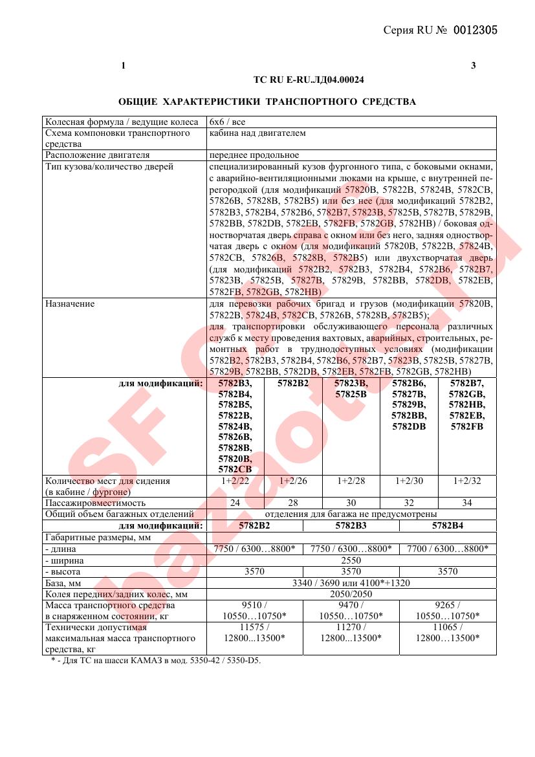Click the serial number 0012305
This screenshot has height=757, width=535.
(x=475, y=30)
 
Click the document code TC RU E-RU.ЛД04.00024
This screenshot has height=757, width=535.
(x=309, y=80)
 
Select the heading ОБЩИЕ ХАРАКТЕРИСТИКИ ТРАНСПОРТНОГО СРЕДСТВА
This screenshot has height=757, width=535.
(x=267, y=102)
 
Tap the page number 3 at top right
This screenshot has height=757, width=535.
(x=474, y=65)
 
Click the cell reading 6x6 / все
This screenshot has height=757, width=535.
(x=227, y=122)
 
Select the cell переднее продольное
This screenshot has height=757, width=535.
(x=254, y=155)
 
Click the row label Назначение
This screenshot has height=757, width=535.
(x=70, y=303)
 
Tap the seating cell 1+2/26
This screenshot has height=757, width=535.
(x=293, y=481)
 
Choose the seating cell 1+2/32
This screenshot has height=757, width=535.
(x=467, y=481)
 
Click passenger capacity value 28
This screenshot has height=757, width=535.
(x=293, y=503)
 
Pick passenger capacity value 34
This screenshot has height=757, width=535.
(x=467, y=503)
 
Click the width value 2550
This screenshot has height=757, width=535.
(x=351, y=560)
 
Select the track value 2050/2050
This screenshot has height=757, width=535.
(x=351, y=593)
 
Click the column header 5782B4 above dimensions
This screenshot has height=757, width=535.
(x=448, y=525)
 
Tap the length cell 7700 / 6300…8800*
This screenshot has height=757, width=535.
(x=448, y=549)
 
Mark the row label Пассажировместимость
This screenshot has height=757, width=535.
(x=95, y=503)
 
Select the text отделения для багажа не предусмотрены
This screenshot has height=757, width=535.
(x=351, y=514)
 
